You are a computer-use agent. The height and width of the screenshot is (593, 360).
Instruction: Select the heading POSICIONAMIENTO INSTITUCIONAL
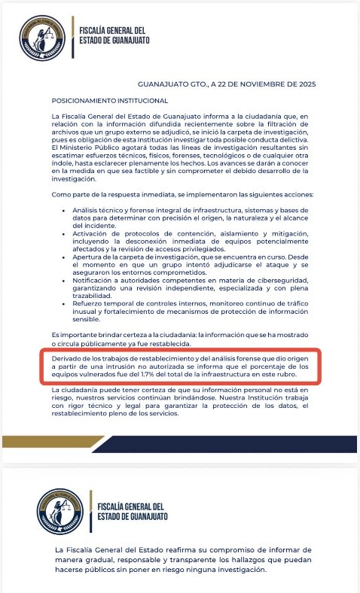pyautogui.click(x=110, y=100)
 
